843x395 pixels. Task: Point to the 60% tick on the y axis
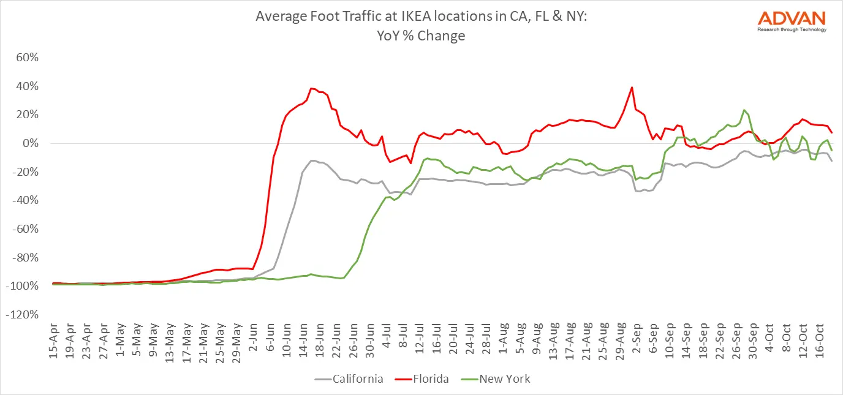coord(28,58)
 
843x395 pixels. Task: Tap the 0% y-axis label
coord(31,143)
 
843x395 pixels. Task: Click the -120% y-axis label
coord(24,315)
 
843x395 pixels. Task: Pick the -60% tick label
coord(26,229)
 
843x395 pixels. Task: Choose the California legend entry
coord(358,379)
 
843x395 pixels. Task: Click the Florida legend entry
coord(429,379)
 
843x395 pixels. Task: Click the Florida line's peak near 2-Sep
coord(632,87)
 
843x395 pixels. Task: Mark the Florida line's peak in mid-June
coord(311,88)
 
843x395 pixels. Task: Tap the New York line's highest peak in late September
coord(744,110)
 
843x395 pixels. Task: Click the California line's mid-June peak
coord(312,160)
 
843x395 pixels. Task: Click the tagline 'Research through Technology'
coord(792,29)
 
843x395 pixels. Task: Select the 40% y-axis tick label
coord(28,86)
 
